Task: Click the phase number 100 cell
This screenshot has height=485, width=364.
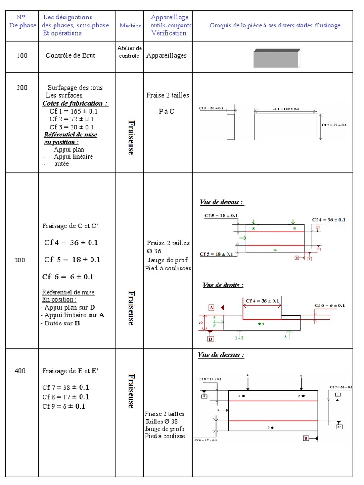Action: [x=22, y=55]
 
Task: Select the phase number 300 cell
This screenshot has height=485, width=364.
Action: [x=20, y=260]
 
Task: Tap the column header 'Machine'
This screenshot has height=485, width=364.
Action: [x=130, y=26]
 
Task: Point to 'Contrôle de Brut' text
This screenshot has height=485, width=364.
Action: [x=70, y=55]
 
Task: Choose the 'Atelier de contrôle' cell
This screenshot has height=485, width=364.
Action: [x=129, y=52]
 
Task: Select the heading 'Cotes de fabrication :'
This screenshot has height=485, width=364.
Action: [x=75, y=103]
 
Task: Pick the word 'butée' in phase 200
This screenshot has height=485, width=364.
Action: [x=61, y=164]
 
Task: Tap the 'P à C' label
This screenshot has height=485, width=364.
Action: [x=166, y=111]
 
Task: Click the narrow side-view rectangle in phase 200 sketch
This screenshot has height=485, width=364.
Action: [x=230, y=126]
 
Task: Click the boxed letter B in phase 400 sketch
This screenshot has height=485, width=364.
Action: [x=306, y=439]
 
